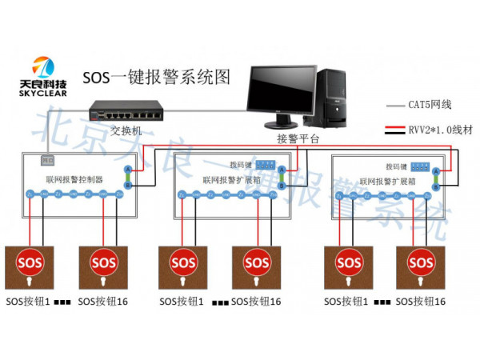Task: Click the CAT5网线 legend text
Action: (x=430, y=105)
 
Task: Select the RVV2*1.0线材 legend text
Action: (x=437, y=128)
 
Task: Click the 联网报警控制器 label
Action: (x=75, y=180)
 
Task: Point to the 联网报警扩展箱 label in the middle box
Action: (x=229, y=180)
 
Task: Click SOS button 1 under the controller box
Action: (x=30, y=265)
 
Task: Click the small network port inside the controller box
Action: (x=46, y=160)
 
